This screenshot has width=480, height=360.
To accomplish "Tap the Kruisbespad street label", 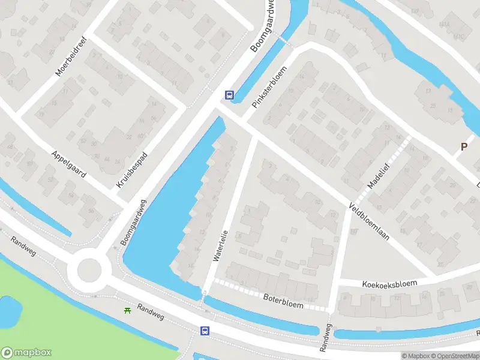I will tap(132, 169).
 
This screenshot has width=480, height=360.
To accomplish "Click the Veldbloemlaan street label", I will tap(369, 221).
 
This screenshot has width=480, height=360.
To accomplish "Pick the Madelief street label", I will tap(379, 176).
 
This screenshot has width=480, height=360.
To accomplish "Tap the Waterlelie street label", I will tap(220, 245).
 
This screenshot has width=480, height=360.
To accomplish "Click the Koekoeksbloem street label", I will tap(389, 284).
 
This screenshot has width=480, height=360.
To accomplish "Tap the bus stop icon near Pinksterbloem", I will tap(229, 95).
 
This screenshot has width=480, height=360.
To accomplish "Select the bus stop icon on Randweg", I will tap(205, 331).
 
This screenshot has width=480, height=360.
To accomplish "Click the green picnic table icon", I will tap(127, 310).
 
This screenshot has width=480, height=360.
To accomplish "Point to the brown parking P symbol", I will tap(463, 146).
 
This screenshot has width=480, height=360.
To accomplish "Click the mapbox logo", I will tap(26, 353).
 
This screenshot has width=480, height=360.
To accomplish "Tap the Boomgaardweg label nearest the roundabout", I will tap(133, 221).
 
